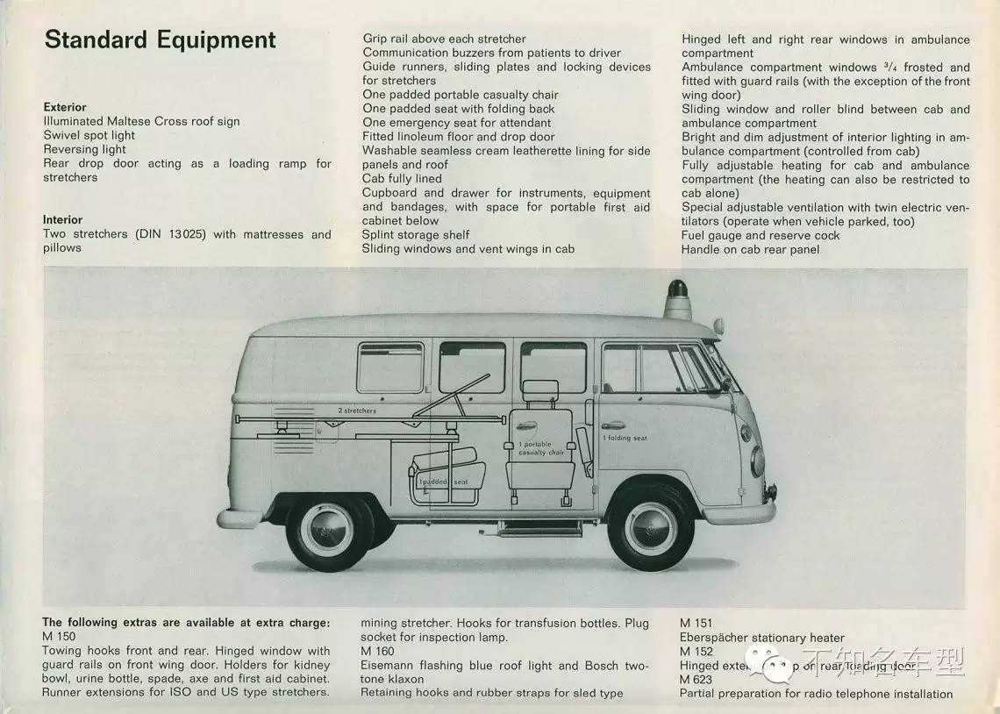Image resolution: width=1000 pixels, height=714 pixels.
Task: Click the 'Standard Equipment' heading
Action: pyautogui.click(x=160, y=40)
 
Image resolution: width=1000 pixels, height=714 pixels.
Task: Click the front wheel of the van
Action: pyautogui.click(x=650, y=528)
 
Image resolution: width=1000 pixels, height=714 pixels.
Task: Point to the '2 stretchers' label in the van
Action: pyautogui.click(x=357, y=411)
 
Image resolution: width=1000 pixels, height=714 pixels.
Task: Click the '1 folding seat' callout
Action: pyautogui.click(x=625, y=438)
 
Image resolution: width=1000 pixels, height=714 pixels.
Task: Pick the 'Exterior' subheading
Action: pyautogui.click(x=65, y=107)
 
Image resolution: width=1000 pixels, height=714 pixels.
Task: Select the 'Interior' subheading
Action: pyautogui.click(x=62, y=219)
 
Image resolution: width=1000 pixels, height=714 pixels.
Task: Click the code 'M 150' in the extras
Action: pyautogui.click(x=59, y=636)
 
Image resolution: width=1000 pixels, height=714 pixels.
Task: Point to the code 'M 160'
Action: pyautogui.click(x=378, y=651)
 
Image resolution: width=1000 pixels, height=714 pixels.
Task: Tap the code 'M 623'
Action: pyautogui.click(x=696, y=679)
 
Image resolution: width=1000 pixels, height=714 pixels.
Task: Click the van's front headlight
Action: pyautogui.click(x=757, y=462)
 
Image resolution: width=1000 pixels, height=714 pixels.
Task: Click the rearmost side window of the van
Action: pyautogui.click(x=389, y=368)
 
